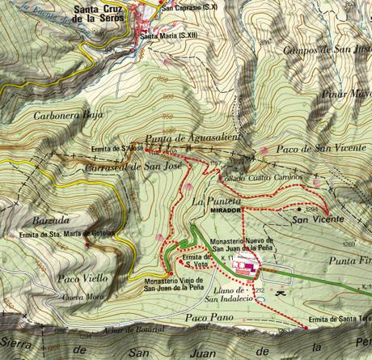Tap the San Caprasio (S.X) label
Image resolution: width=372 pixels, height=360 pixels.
click(188, 7)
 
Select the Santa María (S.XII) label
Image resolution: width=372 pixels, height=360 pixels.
click(167, 36)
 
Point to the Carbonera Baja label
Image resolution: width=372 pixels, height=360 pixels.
click(69, 115)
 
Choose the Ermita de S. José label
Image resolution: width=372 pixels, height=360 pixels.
click(120, 149)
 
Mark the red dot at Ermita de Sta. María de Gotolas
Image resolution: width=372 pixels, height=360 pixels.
click(19, 235)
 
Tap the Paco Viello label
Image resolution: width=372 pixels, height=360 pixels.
click(82, 278)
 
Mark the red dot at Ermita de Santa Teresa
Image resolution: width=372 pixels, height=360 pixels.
click(306, 328)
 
